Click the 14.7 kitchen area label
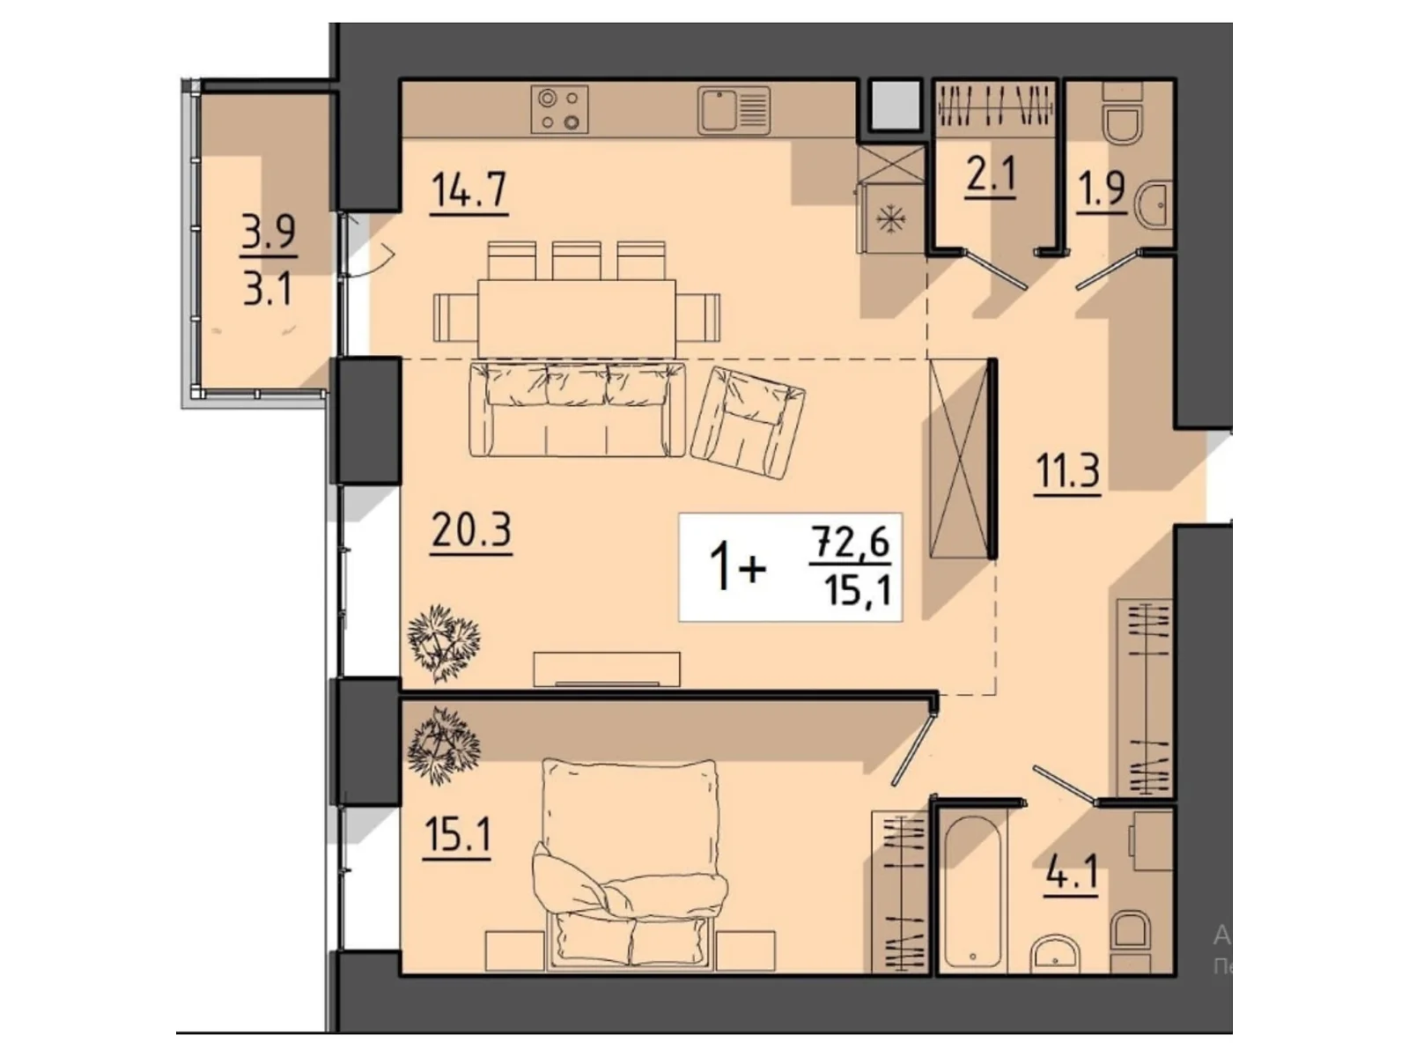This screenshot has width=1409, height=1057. click(x=469, y=190)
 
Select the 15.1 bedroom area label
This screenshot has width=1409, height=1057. click(x=457, y=837)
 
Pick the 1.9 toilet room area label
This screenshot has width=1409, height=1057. click(x=1102, y=190)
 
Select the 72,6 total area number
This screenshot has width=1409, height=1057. click(x=850, y=543)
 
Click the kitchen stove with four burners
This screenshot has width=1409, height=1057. click(x=559, y=110)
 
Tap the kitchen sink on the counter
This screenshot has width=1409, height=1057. click(x=734, y=111)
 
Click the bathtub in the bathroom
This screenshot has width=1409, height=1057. click(x=973, y=895)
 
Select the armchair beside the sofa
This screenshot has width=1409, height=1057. click(x=748, y=423)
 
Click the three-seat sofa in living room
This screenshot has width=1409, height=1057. click(x=577, y=410)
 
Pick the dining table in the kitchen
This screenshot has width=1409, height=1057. click(x=577, y=318)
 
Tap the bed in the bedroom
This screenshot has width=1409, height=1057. click(x=630, y=864)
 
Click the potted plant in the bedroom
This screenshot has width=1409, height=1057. click(x=444, y=746)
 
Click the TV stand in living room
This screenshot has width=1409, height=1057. click(x=607, y=669)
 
